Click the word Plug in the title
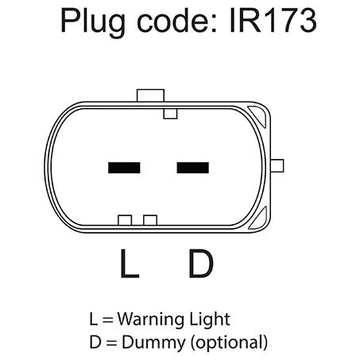pos(93,22)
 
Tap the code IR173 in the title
pos(273,20)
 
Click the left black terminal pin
pos(124,168)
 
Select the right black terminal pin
pos(193,168)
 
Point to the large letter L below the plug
pos(130,263)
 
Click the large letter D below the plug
pos(201,263)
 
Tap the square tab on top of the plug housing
pos(150,95)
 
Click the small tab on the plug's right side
pos(277,166)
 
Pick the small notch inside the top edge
pos(170,114)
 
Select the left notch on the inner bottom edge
pos(125,220)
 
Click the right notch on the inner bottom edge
pos(150,220)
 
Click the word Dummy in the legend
pos(154,343)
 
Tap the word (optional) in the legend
pos(229,343)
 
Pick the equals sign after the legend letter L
pos(107,320)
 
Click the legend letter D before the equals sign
pos(95,342)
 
